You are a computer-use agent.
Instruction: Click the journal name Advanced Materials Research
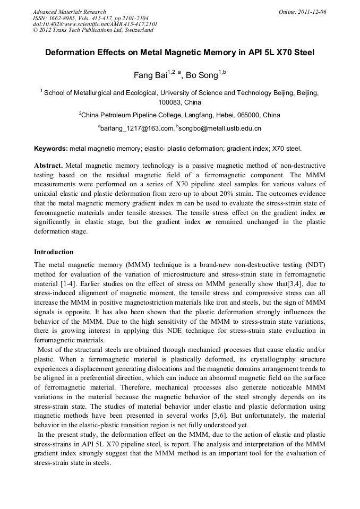coord(69,12)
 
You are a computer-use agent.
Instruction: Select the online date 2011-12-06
coord(310,12)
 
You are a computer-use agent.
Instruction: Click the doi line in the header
coord(95,24)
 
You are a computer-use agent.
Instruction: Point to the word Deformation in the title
coord(72,53)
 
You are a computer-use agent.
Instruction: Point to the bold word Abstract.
coord(48,166)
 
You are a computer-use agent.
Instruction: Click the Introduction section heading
coord(54,252)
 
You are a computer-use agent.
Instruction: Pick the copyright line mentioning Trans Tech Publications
coord(93,30)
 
